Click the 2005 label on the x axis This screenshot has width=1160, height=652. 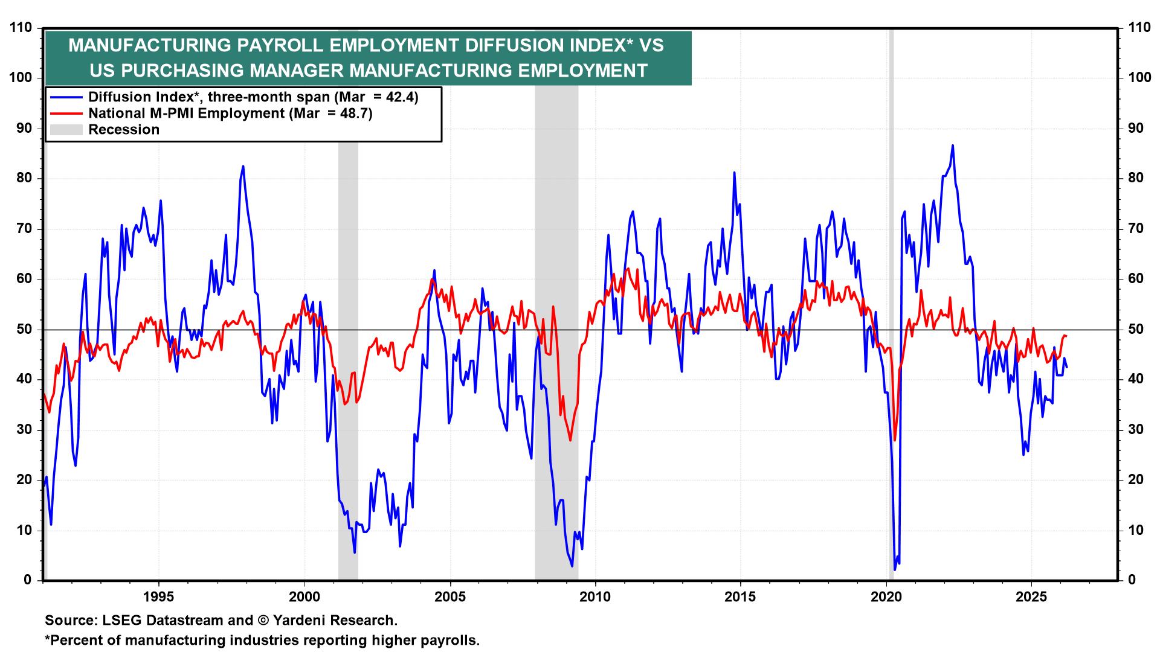click(x=449, y=598)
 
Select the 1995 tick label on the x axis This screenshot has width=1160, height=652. click(x=158, y=598)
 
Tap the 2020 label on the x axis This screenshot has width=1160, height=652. click(x=886, y=598)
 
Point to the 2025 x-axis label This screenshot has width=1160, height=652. click(x=1031, y=598)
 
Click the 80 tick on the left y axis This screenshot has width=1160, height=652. click(x=24, y=178)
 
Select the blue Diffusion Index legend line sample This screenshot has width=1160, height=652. click(x=66, y=97)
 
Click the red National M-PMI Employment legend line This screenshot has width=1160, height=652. click(x=66, y=113)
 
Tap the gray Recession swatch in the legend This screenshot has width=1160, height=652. click(x=66, y=130)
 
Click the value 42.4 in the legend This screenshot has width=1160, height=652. click(x=399, y=97)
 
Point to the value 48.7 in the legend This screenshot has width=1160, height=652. click(x=353, y=113)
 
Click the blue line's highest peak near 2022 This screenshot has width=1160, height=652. click(x=953, y=145)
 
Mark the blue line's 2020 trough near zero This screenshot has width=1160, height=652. click(x=895, y=569)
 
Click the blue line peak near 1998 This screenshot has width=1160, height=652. click(x=243, y=166)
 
